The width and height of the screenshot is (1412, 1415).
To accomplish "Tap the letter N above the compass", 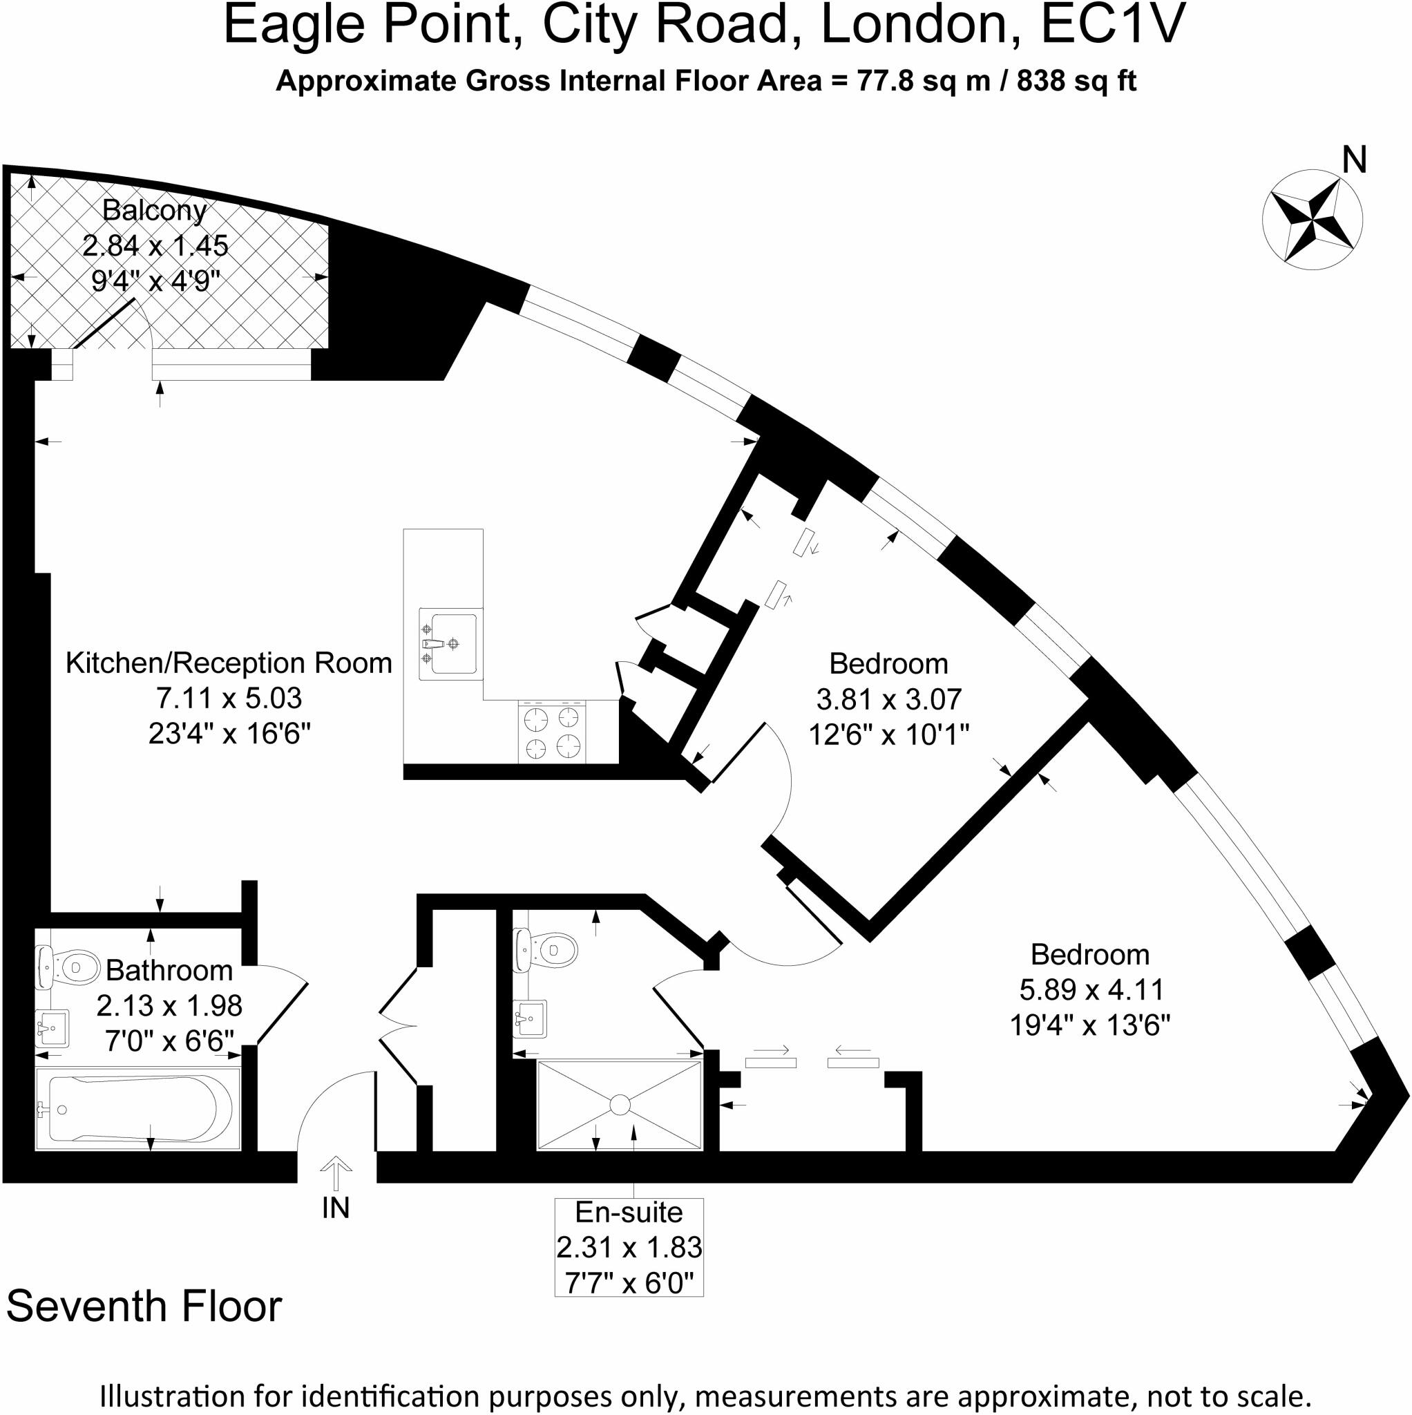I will (1355, 160).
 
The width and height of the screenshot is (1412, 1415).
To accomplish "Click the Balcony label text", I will (155, 210).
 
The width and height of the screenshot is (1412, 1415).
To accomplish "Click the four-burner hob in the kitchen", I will (551, 732).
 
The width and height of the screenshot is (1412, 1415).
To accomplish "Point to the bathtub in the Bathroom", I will (137, 1108).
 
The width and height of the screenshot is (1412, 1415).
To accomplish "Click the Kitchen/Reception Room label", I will (229, 663).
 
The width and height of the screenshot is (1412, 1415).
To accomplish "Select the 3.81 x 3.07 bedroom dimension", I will (888, 699).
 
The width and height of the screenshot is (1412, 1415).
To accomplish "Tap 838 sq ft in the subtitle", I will (1076, 82).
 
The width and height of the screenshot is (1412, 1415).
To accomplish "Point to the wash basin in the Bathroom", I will (53, 1027).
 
